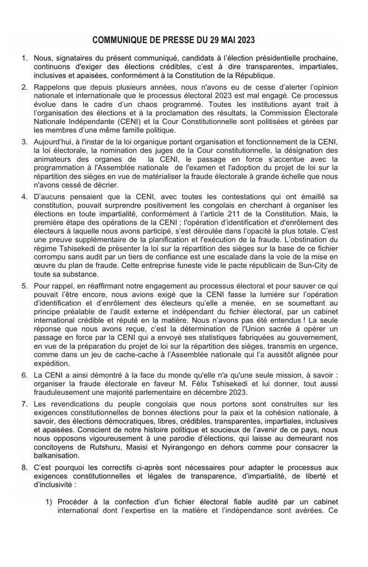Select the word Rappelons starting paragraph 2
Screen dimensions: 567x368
55,87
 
